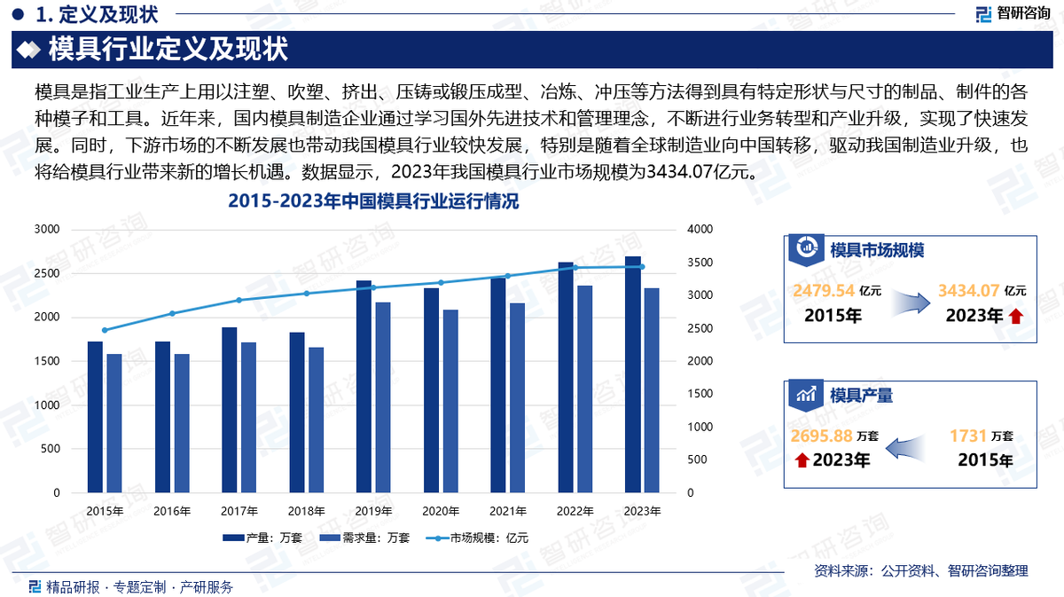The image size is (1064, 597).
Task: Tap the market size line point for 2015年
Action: (x=105, y=330)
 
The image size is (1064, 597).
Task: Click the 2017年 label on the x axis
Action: (x=239, y=511)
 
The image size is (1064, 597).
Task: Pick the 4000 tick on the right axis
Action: (x=700, y=230)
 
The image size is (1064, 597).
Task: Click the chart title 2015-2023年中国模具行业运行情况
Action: (x=372, y=202)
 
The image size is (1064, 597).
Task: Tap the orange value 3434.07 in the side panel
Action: (x=969, y=290)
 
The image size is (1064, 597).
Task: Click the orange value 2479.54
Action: (x=824, y=290)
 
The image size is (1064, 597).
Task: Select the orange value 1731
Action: (x=967, y=436)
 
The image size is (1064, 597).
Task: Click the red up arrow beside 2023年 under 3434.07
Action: (x=1015, y=316)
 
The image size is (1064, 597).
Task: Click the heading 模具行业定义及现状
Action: (x=168, y=49)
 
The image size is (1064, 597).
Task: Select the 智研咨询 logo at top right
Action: (x=1013, y=12)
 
